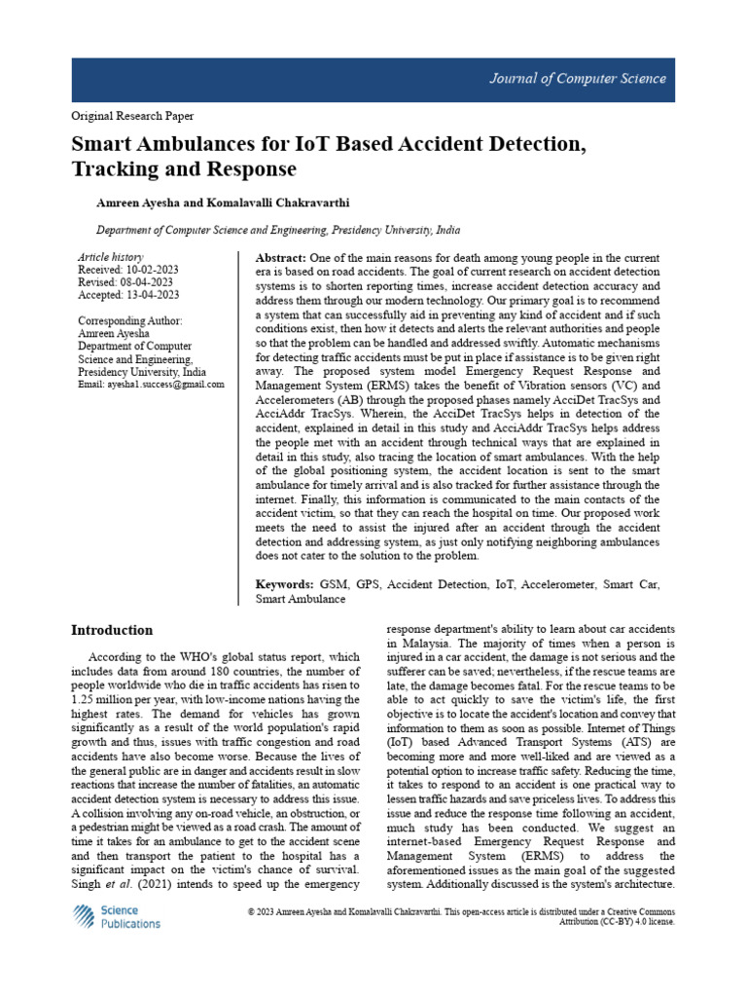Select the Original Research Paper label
pos(131,116)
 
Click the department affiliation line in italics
pos(277,232)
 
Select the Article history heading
pos(110,257)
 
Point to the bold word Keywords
pos(284,585)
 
